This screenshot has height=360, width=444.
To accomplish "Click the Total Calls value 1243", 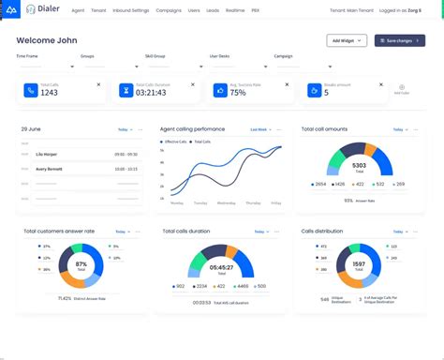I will (x=50, y=92).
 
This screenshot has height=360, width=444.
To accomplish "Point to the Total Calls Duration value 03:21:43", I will (x=151, y=92).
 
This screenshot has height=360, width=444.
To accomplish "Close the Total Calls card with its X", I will (x=98, y=84).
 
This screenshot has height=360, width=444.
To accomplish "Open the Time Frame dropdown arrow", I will (x=72, y=67).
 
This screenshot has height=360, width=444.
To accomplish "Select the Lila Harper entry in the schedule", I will (x=46, y=154).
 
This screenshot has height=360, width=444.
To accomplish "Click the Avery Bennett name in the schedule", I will (x=50, y=169).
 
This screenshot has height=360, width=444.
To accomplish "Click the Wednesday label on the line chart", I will (x=226, y=202).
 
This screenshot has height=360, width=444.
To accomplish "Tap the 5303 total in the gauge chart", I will (x=360, y=166).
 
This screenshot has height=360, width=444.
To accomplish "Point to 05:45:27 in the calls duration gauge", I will (x=221, y=268).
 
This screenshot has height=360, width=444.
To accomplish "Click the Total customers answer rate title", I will (x=59, y=231).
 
